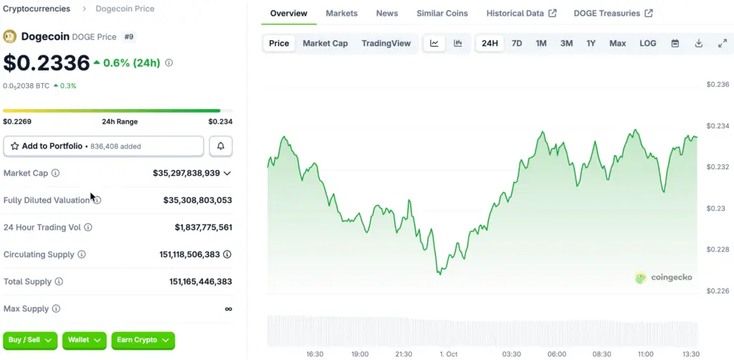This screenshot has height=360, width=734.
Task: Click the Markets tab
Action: pyautogui.click(x=341, y=14)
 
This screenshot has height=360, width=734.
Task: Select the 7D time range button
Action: pyautogui.click(x=517, y=43)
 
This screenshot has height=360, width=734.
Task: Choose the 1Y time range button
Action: pyautogui.click(x=591, y=43)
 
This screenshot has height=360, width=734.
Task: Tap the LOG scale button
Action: pyautogui.click(x=647, y=43)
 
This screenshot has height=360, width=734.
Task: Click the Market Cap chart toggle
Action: pyautogui.click(x=325, y=43)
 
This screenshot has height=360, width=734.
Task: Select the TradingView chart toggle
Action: pyautogui.click(x=386, y=43)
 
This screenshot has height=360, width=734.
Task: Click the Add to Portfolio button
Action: pyautogui.click(x=104, y=146)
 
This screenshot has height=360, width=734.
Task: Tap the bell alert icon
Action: pyautogui.click(x=221, y=146)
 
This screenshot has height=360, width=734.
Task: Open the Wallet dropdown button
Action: pyautogui.click(x=85, y=340)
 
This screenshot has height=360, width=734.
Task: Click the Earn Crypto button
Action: pyautogui.click(x=143, y=340)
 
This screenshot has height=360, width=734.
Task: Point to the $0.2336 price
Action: pyautogui.click(x=46, y=63)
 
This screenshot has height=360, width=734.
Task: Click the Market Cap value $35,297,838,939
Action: pyautogui.click(x=186, y=174)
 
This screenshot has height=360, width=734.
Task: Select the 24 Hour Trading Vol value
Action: pyautogui.click(x=203, y=227)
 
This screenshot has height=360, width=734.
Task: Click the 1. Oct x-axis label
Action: pyautogui.click(x=449, y=354)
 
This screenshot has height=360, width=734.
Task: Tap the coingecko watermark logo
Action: pyautogui.click(x=664, y=278)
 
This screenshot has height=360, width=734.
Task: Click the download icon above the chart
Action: pyautogui.click(x=698, y=43)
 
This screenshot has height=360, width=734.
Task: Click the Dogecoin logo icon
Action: pyautogui.click(x=10, y=37)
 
